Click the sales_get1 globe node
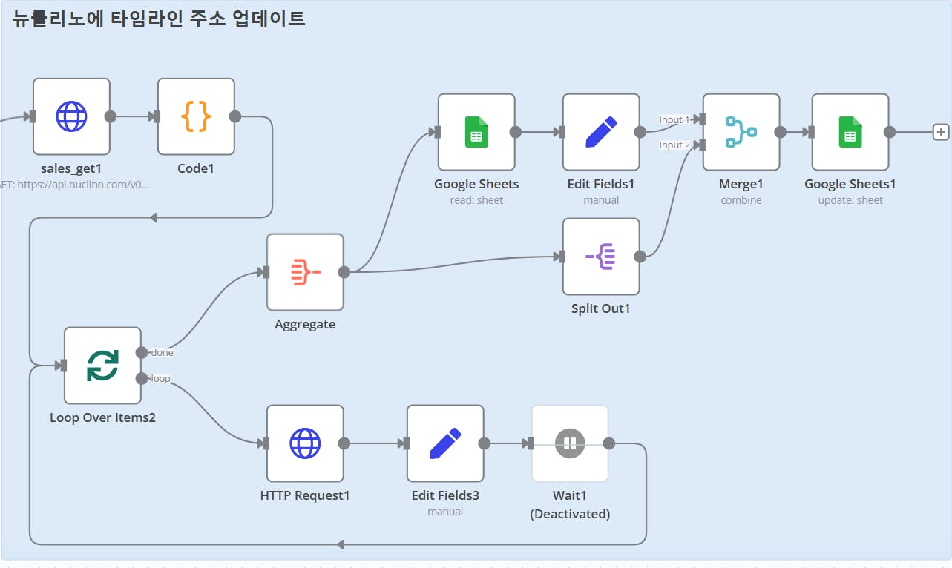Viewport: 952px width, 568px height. [x=71, y=116]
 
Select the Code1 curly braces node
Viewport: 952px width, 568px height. [x=196, y=116]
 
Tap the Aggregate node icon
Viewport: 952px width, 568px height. [x=305, y=272]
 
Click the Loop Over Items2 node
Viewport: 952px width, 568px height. [x=102, y=366]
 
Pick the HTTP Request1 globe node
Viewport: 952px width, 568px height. [x=305, y=443]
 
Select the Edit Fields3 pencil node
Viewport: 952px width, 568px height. [x=445, y=443]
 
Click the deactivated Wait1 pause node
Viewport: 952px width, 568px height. [x=570, y=443]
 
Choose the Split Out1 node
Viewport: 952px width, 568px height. [x=601, y=257]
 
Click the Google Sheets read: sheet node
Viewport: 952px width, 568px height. [x=476, y=132]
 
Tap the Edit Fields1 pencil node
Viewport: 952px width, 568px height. [x=601, y=132]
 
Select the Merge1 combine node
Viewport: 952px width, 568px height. [x=741, y=132]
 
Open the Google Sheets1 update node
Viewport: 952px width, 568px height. [x=850, y=132]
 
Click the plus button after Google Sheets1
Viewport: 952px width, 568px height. [x=941, y=132]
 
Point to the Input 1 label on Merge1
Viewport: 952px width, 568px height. [x=674, y=119]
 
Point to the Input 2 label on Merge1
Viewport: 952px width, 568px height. [x=674, y=145]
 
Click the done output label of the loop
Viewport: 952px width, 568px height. [x=162, y=352]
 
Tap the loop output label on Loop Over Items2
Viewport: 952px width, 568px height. [x=160, y=379]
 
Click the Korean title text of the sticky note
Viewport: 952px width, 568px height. [x=159, y=19]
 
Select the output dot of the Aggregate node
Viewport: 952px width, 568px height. [x=344, y=272]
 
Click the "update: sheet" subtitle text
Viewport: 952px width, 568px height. [x=850, y=200]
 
